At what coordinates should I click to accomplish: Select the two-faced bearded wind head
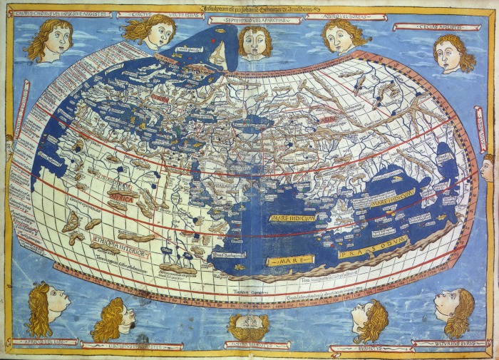[x=248, y=326]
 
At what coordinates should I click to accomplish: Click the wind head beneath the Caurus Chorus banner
[x=50, y=39]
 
